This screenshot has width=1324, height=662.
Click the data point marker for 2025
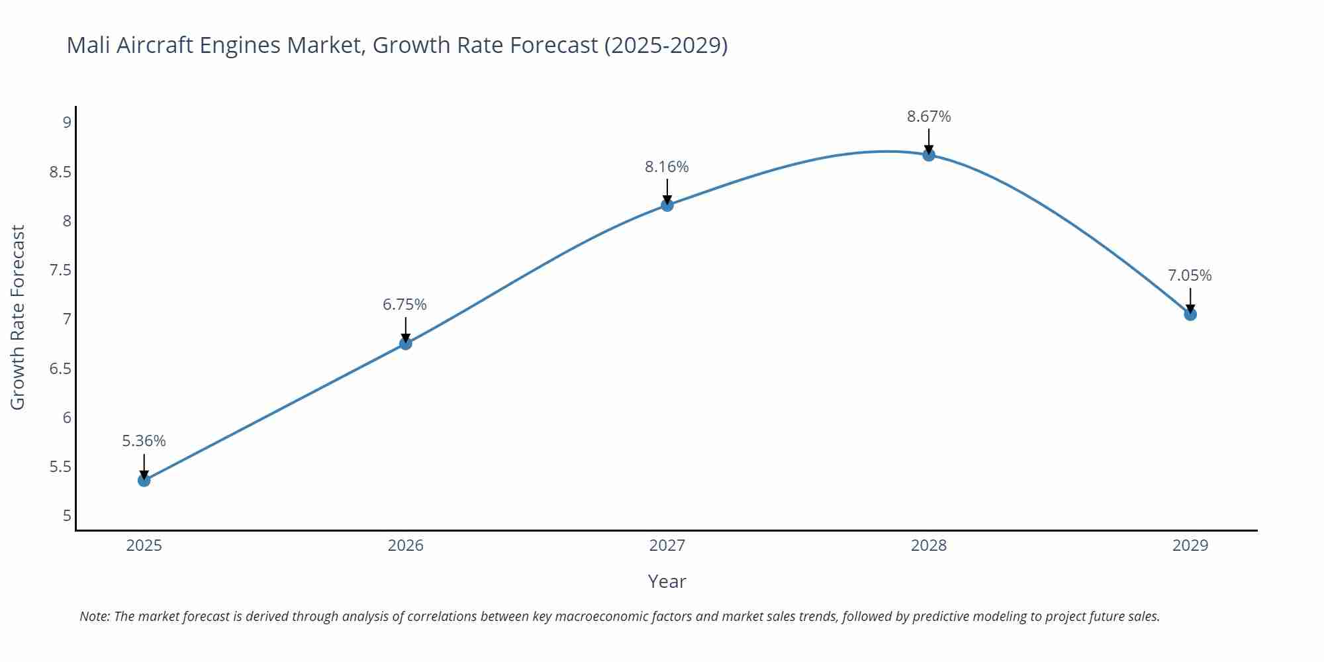click(x=144, y=480)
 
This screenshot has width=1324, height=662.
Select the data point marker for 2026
click(x=406, y=343)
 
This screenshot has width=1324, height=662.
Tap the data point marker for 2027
click(x=667, y=205)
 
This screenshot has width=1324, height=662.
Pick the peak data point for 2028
click(x=929, y=155)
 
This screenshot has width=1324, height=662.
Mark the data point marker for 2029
click(x=1190, y=314)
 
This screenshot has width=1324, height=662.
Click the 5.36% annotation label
click(x=144, y=441)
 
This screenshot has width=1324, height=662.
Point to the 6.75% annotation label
click(x=404, y=305)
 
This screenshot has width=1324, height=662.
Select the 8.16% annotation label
click(x=667, y=167)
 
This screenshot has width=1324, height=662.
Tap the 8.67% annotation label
click(x=929, y=117)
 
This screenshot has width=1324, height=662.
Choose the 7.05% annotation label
click(x=1190, y=275)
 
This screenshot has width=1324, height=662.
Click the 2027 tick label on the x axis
click(x=667, y=545)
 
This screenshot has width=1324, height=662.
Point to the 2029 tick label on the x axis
click(x=1190, y=545)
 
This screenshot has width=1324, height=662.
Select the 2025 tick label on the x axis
click(x=144, y=545)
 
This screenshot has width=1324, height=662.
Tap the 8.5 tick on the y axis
click(x=60, y=172)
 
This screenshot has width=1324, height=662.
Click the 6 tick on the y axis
click(x=67, y=418)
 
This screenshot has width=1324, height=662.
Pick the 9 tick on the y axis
click(x=67, y=122)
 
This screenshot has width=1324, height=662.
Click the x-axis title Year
click(x=667, y=581)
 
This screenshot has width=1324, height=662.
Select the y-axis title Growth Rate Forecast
click(x=18, y=317)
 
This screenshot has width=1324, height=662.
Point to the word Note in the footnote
click(x=94, y=616)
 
